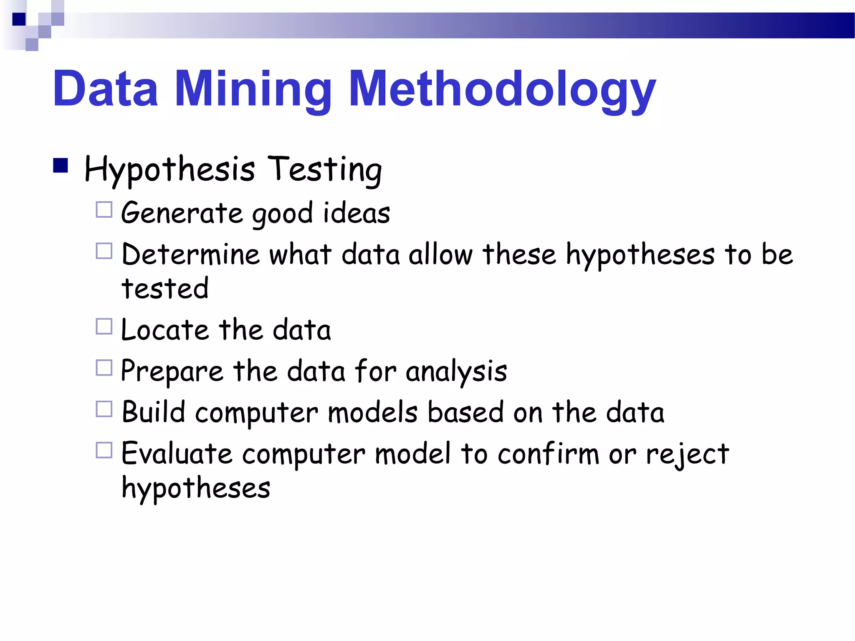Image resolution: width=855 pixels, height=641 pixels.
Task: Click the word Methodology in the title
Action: click(503, 89)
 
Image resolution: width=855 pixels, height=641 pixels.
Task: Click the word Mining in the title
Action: click(253, 89)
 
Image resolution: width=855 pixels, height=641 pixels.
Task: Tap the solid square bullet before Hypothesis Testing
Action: click(61, 166)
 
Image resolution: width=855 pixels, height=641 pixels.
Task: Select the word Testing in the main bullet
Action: click(324, 170)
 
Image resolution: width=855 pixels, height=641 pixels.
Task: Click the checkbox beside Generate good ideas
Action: click(104, 210)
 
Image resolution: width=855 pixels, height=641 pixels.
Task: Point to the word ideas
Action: click(357, 213)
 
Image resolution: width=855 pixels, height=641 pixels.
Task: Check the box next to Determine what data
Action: click(104, 251)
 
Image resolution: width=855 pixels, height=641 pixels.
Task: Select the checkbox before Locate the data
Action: click(104, 326)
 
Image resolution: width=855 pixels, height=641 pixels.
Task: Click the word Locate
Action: click(164, 330)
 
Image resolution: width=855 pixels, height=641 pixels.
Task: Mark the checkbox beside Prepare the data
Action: click(104, 368)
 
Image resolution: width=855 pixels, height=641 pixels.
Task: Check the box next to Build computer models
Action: click(104, 409)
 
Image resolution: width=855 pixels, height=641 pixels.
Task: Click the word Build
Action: click(153, 412)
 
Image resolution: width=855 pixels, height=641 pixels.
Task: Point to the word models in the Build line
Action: click(372, 412)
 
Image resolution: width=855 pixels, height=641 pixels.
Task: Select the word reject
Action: click(687, 454)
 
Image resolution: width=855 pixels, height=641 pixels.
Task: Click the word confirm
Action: click(549, 454)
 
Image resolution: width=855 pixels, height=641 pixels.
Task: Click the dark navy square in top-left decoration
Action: click(19, 19)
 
